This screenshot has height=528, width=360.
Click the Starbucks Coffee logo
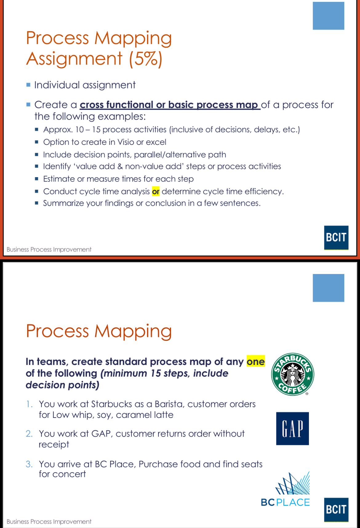coord(293,374)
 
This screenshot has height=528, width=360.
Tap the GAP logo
coord(292,428)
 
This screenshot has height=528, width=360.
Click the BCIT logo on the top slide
coord(336,237)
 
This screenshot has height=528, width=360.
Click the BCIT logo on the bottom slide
coord(336,509)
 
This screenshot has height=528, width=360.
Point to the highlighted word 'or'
coord(156,192)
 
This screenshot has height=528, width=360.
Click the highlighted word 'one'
coord(255,362)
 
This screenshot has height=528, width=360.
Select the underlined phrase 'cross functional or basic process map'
coord(170,105)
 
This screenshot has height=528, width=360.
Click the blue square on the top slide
coord(328,16)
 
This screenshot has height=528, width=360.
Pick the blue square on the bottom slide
coord(328,288)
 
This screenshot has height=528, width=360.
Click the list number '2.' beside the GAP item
coord(29,434)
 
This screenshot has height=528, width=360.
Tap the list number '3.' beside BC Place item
coord(29,464)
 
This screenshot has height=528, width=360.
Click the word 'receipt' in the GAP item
coord(54,445)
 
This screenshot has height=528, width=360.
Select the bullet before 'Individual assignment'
coord(28,85)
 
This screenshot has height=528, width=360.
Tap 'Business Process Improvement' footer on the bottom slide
coord(49,522)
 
